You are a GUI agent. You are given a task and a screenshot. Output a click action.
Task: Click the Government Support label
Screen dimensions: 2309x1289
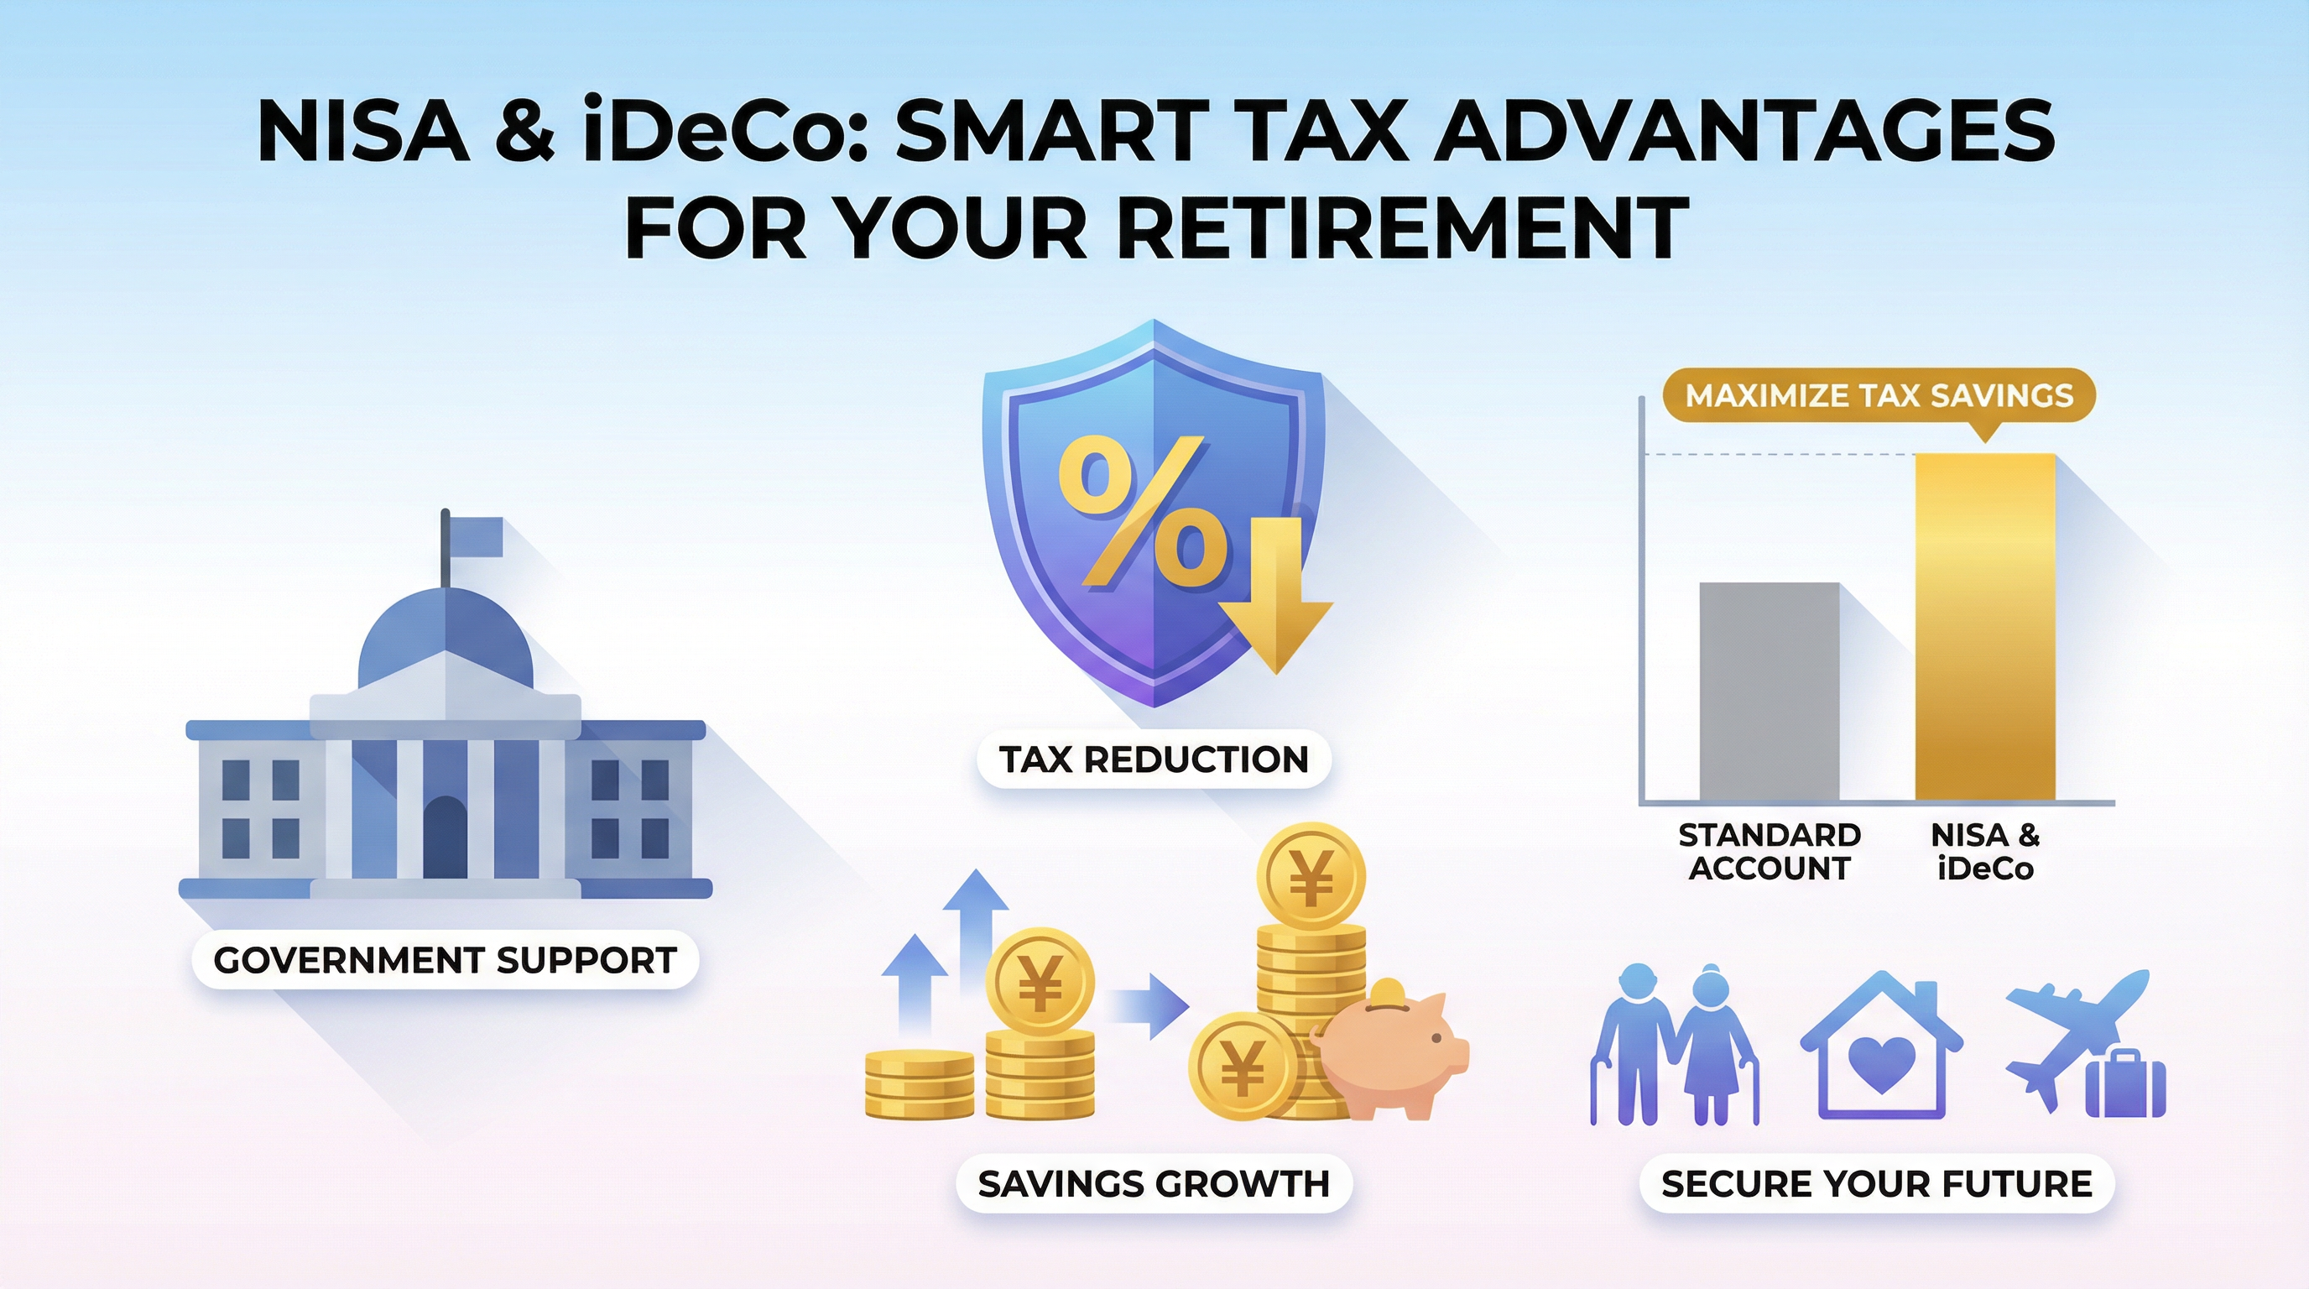(446, 960)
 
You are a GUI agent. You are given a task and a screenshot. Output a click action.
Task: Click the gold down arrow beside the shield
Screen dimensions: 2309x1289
(1274, 595)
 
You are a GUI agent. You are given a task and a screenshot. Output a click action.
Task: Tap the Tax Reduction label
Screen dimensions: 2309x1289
(1154, 760)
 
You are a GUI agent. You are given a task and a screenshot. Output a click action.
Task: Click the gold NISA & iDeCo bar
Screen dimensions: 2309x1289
(1985, 627)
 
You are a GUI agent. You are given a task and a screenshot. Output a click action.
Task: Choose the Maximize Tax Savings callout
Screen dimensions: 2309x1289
(1879, 396)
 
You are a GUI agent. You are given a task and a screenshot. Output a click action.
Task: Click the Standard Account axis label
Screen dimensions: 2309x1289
(1770, 852)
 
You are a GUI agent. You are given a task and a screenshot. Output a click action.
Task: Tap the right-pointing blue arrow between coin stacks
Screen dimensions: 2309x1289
(1149, 1008)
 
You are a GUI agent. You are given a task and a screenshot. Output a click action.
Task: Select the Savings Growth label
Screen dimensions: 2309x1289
(1154, 1184)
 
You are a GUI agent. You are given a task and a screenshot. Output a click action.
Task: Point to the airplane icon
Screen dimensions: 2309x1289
(2077, 1039)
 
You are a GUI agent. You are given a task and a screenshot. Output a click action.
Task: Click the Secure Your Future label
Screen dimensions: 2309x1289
(1876, 1184)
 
